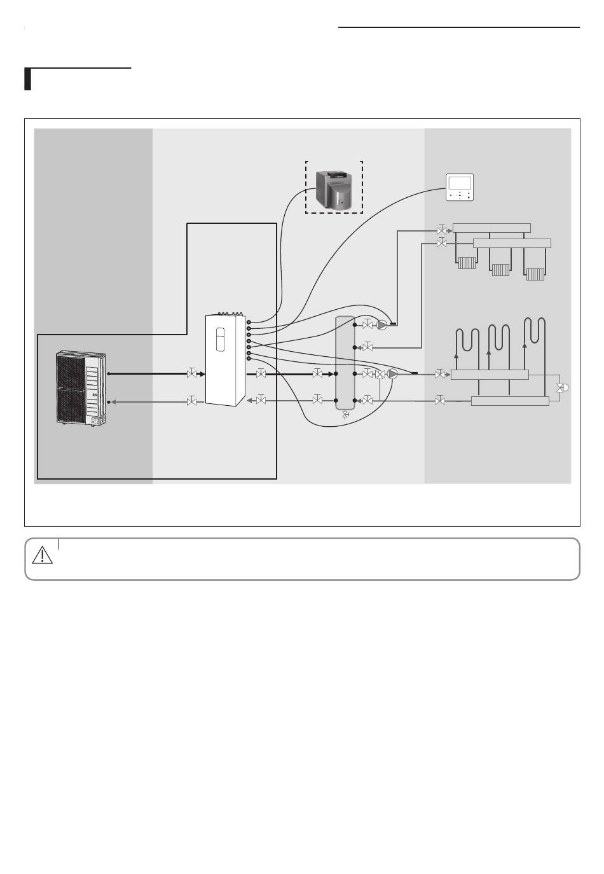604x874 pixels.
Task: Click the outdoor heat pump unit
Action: (x=81, y=387)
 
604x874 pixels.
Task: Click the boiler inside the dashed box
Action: (x=334, y=189)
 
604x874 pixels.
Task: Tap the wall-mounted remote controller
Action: (x=460, y=187)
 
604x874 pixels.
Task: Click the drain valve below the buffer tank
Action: (x=345, y=415)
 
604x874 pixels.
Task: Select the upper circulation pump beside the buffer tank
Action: (x=381, y=325)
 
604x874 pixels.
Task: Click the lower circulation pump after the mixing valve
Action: (x=393, y=374)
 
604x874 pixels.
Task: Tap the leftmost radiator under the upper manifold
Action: (x=467, y=263)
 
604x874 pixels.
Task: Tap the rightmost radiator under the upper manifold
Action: (x=535, y=274)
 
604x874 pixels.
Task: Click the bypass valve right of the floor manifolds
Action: (x=561, y=387)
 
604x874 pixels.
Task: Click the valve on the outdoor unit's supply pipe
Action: (x=191, y=374)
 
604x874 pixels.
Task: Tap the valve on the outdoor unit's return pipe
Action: (x=191, y=401)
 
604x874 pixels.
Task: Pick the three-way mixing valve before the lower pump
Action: (x=380, y=375)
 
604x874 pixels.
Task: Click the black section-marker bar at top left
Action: (x=28, y=79)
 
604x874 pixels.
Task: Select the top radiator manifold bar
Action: (x=491, y=228)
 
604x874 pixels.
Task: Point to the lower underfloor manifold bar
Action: (x=510, y=401)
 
